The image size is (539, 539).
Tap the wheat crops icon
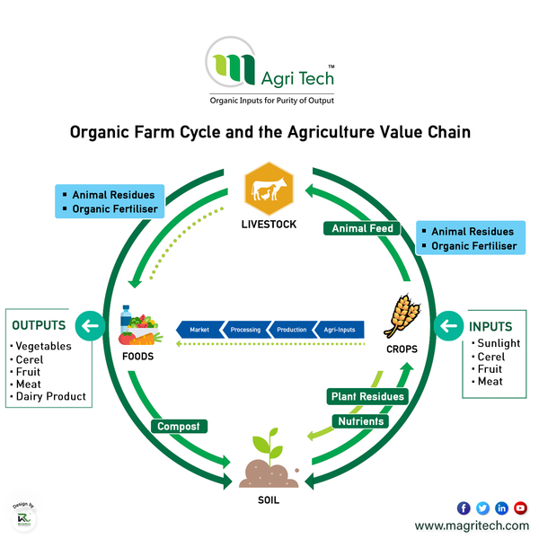(402, 316)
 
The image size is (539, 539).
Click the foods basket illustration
(141, 325)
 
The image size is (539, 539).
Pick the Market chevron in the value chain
(199, 330)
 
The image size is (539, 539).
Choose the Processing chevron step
(244, 330)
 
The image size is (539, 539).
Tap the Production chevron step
(291, 330)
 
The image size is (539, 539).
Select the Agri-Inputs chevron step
(340, 330)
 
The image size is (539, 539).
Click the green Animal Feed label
(362, 228)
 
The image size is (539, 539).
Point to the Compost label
(180, 426)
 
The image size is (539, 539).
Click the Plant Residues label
(367, 396)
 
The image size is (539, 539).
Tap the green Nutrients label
(360, 420)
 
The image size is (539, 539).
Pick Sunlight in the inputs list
(499, 343)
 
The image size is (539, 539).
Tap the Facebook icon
(464, 508)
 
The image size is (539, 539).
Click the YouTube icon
(520, 508)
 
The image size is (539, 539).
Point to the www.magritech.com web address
(472, 526)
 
